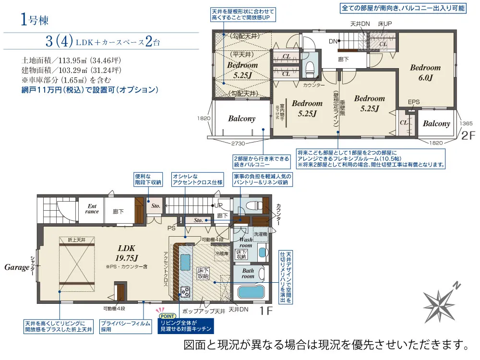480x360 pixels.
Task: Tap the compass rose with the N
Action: (x=441, y=301)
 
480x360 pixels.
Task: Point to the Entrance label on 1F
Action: (x=92, y=209)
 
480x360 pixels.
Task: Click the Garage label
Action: (x=17, y=267)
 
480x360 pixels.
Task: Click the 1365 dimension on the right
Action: (x=467, y=123)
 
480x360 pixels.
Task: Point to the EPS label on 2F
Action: (x=414, y=102)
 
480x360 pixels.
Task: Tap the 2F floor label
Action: (x=468, y=136)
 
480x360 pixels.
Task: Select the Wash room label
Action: (x=246, y=242)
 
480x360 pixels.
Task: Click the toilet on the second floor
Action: (x=310, y=66)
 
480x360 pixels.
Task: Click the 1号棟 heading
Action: (x=35, y=20)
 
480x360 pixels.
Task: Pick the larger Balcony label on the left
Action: (x=241, y=119)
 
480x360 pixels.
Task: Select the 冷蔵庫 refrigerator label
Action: (x=222, y=253)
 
